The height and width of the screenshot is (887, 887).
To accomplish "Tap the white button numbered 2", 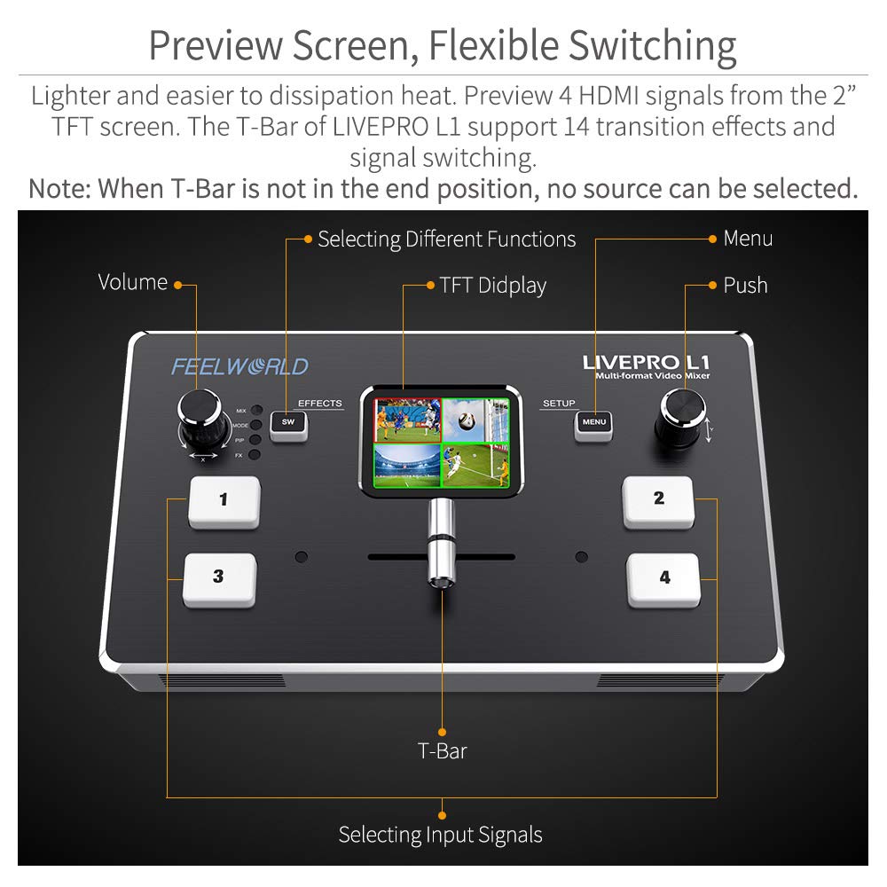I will (x=658, y=501).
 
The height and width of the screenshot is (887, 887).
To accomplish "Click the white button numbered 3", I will (x=219, y=578).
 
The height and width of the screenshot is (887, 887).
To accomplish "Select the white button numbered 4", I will (x=663, y=579).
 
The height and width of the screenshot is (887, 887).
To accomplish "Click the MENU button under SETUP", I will (x=593, y=423).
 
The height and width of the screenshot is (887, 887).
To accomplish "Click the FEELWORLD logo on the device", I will (x=239, y=366).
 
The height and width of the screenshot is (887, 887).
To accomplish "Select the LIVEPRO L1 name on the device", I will (x=646, y=362).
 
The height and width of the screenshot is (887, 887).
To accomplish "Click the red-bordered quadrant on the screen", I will (x=406, y=419).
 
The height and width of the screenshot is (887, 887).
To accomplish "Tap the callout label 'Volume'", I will (x=133, y=283).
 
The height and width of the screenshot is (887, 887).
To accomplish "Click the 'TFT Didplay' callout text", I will (x=492, y=286).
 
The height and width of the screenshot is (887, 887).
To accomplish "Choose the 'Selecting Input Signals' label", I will (x=440, y=835).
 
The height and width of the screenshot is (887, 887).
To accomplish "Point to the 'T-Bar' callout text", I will (x=442, y=750).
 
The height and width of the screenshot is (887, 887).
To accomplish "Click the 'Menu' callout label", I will (x=748, y=239).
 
